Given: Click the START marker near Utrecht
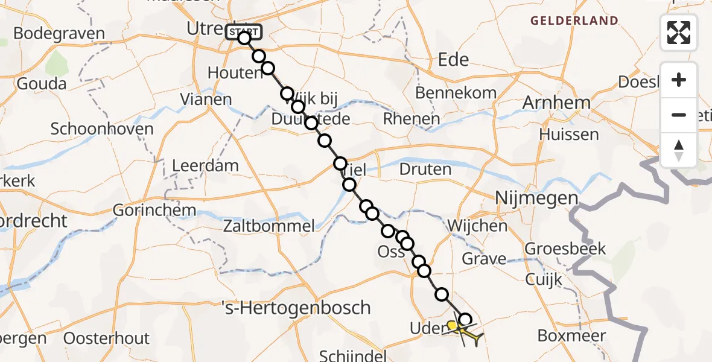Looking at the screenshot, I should pyautogui.click(x=244, y=31).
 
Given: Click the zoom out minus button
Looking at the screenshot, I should pyautogui.click(x=679, y=115).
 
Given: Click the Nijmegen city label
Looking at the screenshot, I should pyautogui.click(x=536, y=198).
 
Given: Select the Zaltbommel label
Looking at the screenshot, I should pyautogui.click(x=269, y=227).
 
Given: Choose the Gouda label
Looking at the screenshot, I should pyautogui.click(x=42, y=83).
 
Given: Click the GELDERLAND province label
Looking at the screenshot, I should pyautogui.click(x=574, y=21).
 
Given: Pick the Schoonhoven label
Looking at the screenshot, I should pyautogui.click(x=102, y=129).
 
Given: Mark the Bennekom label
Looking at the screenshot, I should pyautogui.click(x=456, y=93).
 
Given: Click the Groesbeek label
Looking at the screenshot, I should pyautogui.click(x=565, y=248).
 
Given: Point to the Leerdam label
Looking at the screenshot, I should pyautogui.click(x=205, y=165).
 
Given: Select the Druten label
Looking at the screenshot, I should pyautogui.click(x=425, y=170).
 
